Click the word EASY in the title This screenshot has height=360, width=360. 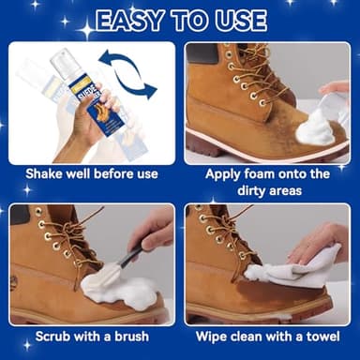coord(135,20)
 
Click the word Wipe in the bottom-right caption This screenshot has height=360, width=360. coord(213,335)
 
